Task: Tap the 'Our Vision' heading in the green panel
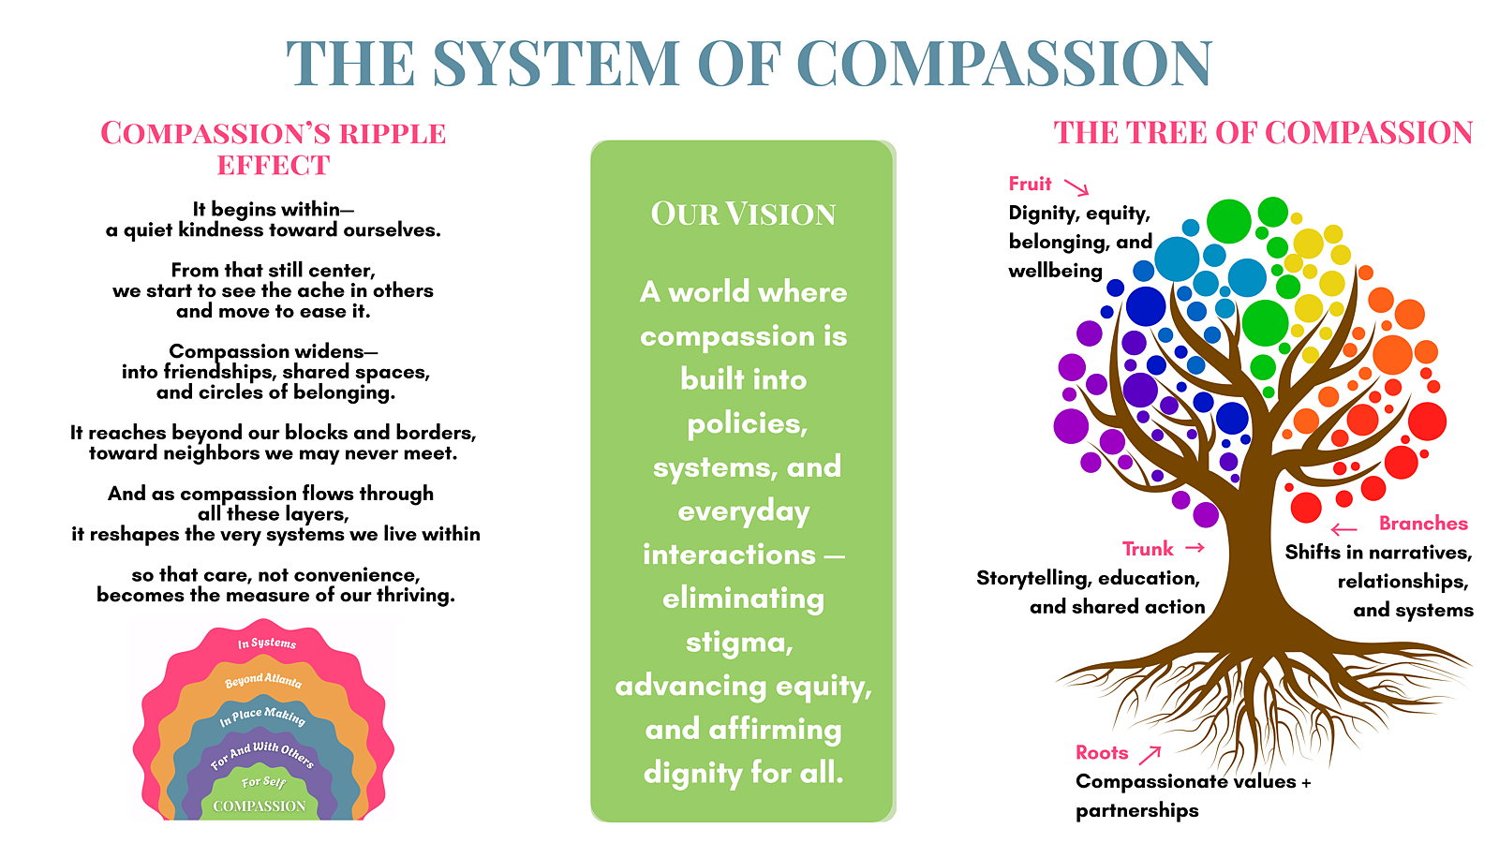pyautogui.click(x=743, y=214)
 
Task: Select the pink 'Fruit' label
pyautogui.click(x=1030, y=184)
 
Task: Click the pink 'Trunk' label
pyautogui.click(x=1148, y=548)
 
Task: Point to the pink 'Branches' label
pyautogui.click(x=1423, y=523)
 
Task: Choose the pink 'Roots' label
pyautogui.click(x=1102, y=752)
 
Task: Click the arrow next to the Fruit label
pyautogui.click(x=1076, y=187)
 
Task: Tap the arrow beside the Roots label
pyautogui.click(x=1150, y=753)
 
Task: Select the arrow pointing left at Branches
pyautogui.click(x=1343, y=529)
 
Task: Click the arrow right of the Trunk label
pyautogui.click(x=1195, y=547)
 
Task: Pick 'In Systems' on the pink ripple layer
pyautogui.click(x=267, y=643)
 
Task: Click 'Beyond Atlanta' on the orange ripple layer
pyautogui.click(x=263, y=680)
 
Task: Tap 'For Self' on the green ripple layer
pyautogui.click(x=263, y=781)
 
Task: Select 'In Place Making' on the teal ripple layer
pyautogui.click(x=262, y=717)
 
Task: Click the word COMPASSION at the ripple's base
pyautogui.click(x=260, y=806)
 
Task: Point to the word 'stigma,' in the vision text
pyautogui.click(x=739, y=643)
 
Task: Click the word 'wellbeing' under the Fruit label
pyautogui.click(x=1055, y=271)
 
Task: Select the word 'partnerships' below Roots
pyautogui.click(x=1136, y=810)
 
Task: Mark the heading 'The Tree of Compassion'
pyautogui.click(x=1263, y=133)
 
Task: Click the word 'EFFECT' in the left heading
pyautogui.click(x=274, y=166)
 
